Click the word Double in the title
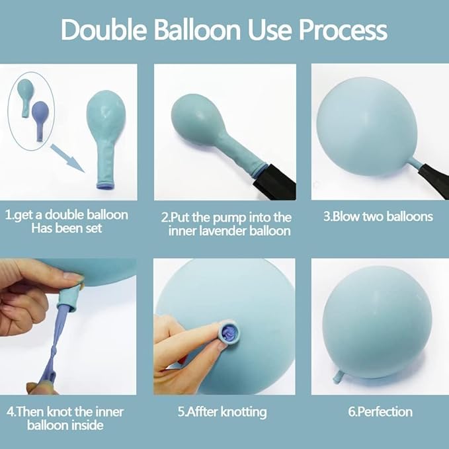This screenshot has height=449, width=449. click(x=104, y=30)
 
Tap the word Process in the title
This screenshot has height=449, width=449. click(x=343, y=30)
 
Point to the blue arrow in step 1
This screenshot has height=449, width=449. click(x=67, y=158)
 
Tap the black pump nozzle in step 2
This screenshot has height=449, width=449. click(x=274, y=182)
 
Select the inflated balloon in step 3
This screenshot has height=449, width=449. click(x=367, y=126)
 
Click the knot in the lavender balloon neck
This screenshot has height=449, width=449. click(x=54, y=354)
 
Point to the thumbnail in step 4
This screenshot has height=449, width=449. click(x=73, y=276)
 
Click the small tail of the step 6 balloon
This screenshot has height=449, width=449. click(x=338, y=377)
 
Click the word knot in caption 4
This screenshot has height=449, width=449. click(x=60, y=412)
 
